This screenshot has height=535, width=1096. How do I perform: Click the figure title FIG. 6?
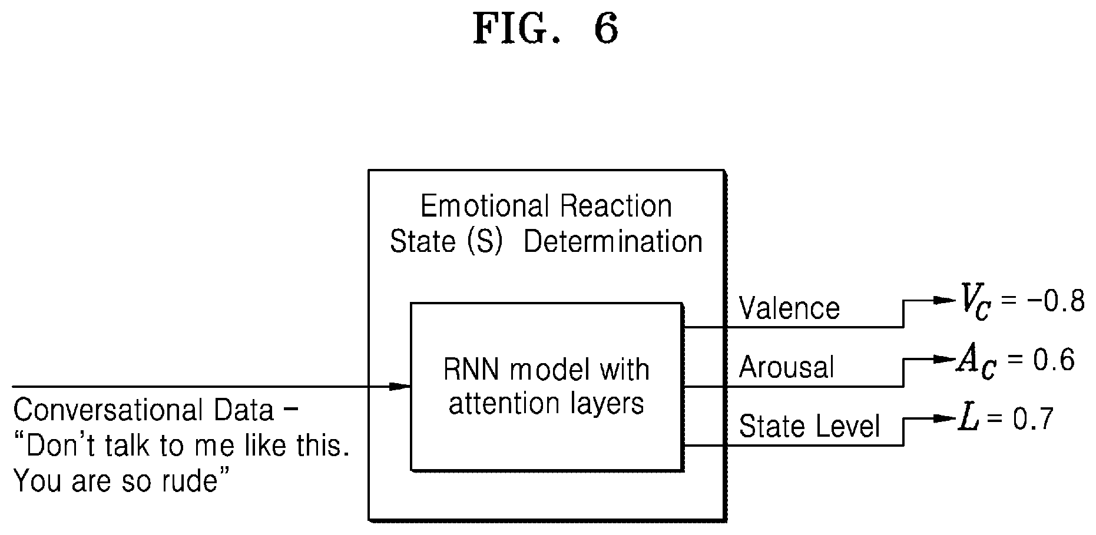coord(546,29)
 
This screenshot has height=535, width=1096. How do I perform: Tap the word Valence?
coord(789,308)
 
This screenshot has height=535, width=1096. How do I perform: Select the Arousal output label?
coord(786,367)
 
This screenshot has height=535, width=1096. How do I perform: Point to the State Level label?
coord(809,426)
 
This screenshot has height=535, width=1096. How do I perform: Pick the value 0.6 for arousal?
coord(1051,360)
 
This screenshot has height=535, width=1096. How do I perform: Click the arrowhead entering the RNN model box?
coord(400,387)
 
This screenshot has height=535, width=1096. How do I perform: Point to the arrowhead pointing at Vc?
coord(943,300)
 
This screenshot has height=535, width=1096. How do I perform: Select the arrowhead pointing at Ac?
coord(943,359)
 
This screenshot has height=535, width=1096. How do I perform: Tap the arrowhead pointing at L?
coord(943,418)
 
